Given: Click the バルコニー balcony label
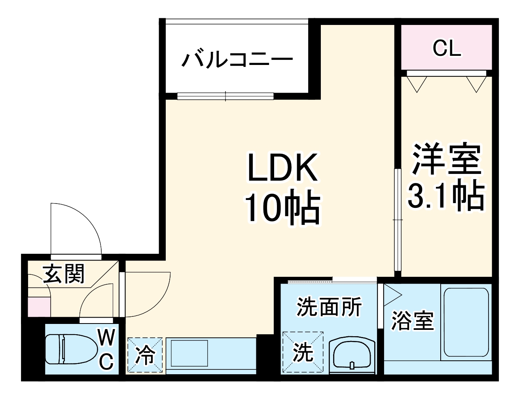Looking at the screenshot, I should (237, 60).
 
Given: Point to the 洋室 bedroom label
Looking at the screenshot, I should (446, 160).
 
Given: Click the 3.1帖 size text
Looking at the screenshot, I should (446, 196).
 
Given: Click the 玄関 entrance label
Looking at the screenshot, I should (64, 274).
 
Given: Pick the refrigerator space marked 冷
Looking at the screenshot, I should (145, 355).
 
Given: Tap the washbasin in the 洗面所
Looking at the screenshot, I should (351, 354).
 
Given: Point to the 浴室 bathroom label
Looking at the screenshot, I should (412, 321).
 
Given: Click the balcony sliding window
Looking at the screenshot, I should (225, 96).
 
